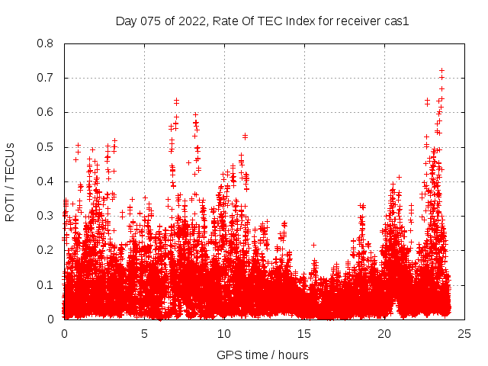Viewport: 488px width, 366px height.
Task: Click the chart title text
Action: pos(263,21)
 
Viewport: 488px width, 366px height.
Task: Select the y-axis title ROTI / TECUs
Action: pos(11,181)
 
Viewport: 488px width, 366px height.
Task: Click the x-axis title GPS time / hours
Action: pos(263,355)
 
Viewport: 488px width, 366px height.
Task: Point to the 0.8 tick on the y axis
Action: pos(47,43)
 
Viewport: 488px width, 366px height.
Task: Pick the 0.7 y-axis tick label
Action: pos(47,78)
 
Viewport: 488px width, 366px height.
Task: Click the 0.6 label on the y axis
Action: pos(47,112)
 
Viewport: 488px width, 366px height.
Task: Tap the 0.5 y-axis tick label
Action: pos(47,146)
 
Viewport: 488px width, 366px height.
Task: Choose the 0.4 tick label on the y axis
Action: pos(47,181)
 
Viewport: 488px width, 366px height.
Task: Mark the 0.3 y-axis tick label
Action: pos(47,216)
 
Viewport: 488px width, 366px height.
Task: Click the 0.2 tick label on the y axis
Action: pos(47,250)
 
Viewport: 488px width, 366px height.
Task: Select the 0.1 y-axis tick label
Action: pos(47,284)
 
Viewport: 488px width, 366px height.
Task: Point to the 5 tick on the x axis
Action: pos(144,334)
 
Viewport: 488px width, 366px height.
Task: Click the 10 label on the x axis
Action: pos(224,334)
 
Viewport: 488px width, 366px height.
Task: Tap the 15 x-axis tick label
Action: pos(304,334)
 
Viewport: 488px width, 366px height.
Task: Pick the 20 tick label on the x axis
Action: pos(384,334)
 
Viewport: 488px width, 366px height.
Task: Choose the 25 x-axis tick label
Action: pos(464,334)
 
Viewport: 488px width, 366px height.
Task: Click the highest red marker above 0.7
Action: pos(441,70)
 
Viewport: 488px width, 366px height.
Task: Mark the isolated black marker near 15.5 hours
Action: pos(313,245)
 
